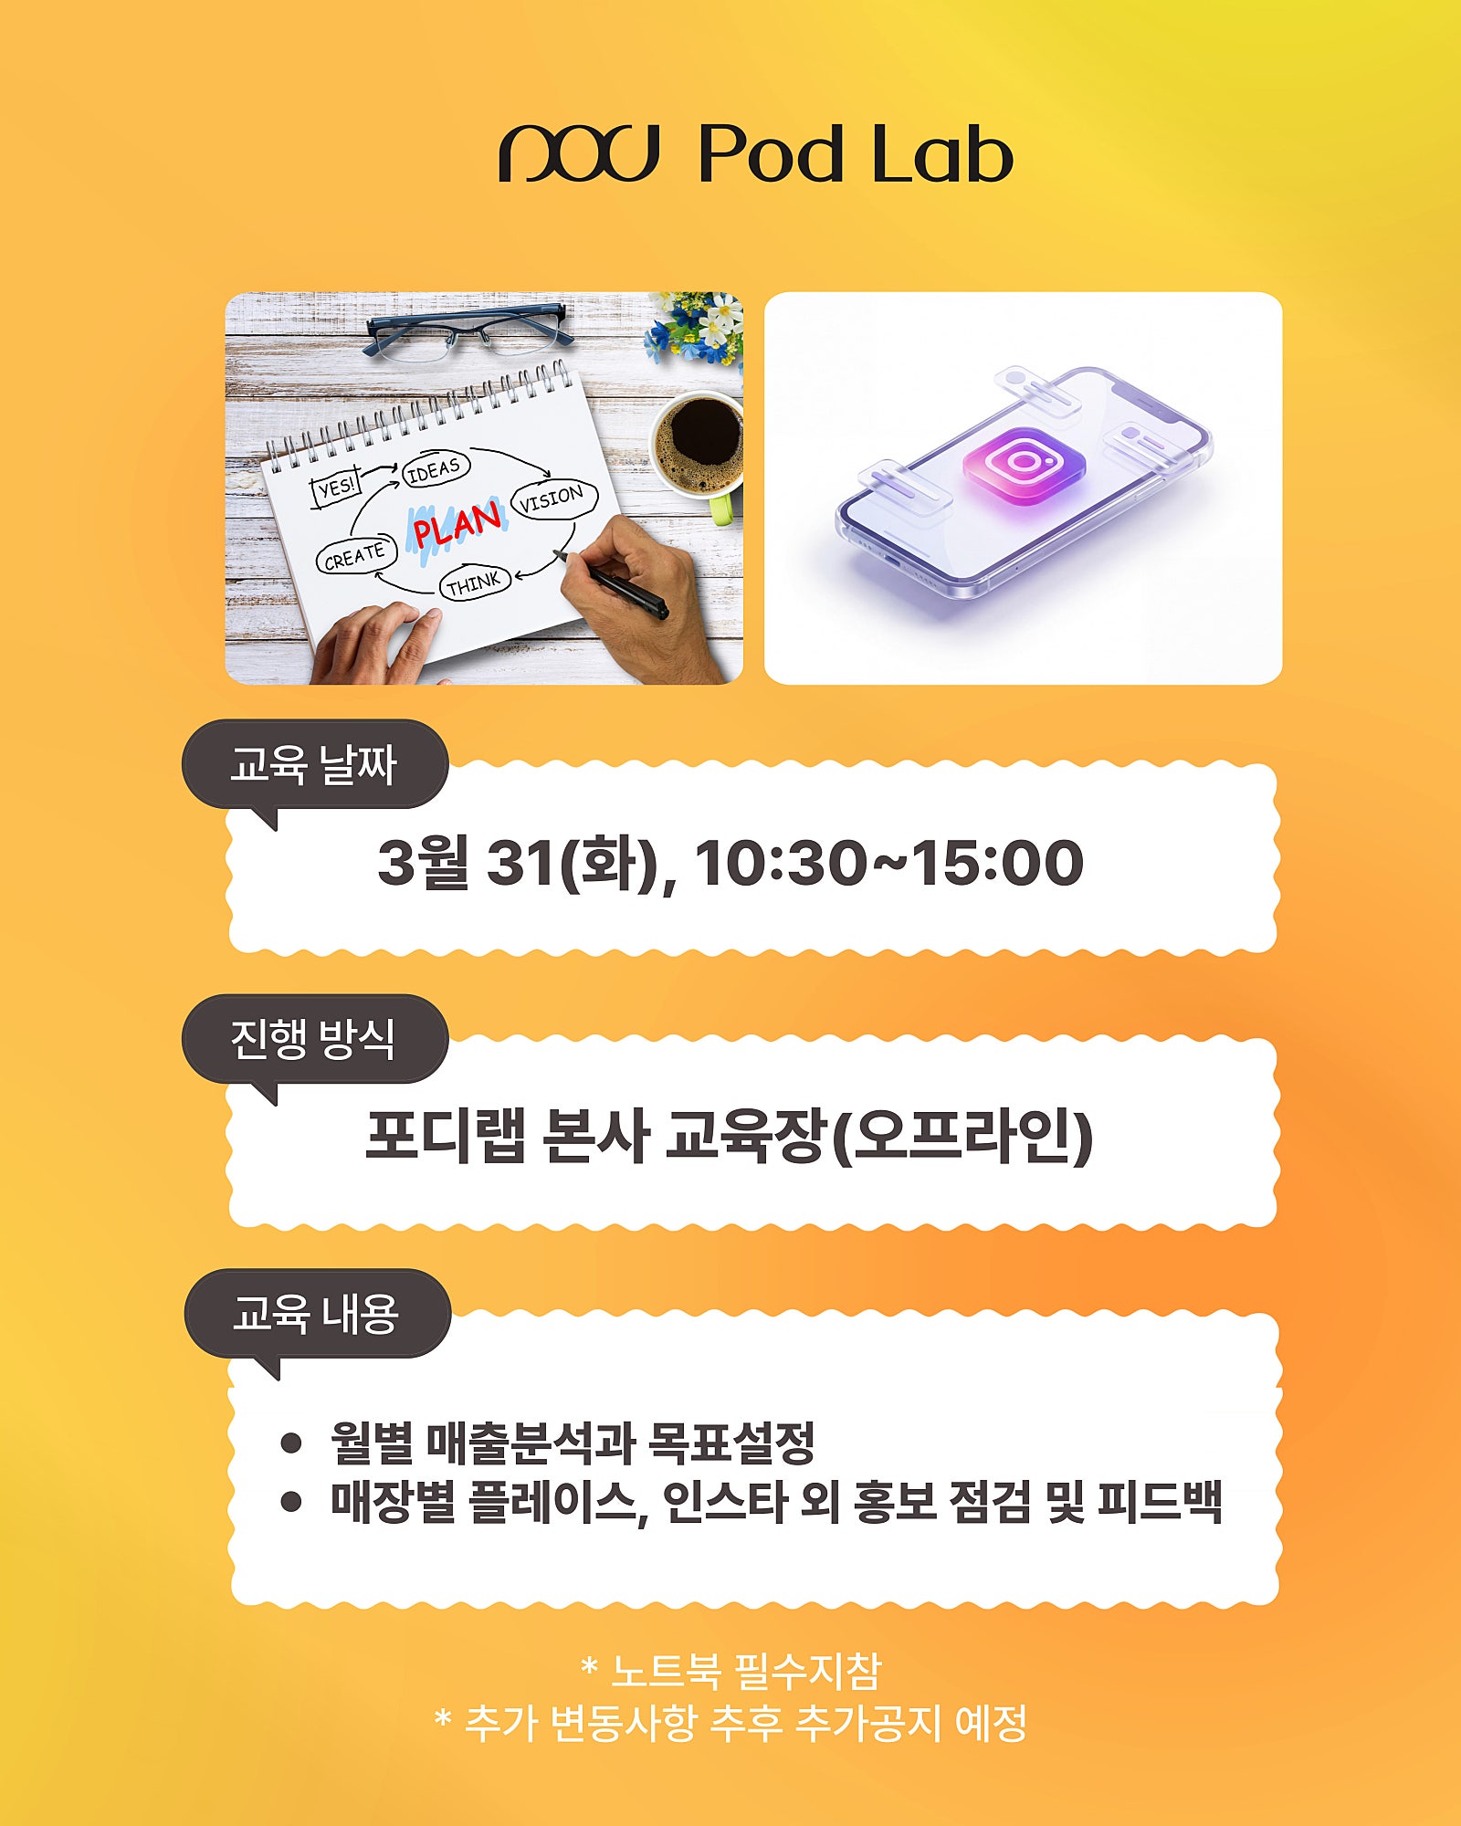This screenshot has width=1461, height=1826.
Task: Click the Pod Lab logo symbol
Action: (x=579, y=153)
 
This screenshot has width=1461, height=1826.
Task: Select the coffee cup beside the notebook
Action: (x=699, y=452)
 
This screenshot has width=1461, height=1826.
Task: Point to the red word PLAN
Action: (x=457, y=524)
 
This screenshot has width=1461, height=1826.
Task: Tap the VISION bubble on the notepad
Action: (x=553, y=498)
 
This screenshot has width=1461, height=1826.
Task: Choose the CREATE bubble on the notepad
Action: (x=356, y=555)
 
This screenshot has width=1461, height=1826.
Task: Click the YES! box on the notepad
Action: (x=337, y=487)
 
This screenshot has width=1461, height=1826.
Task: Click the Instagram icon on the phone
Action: (x=1024, y=465)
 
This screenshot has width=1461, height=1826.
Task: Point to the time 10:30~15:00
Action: (x=889, y=862)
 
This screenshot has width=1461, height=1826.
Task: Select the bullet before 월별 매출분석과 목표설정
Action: (x=291, y=1443)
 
